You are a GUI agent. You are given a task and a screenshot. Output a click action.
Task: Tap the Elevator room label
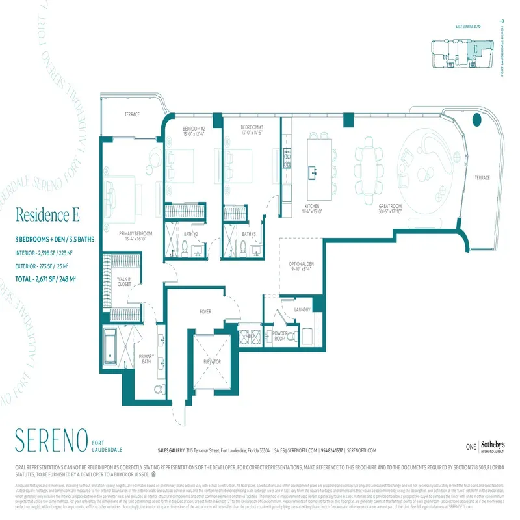pyautogui.click(x=212, y=361)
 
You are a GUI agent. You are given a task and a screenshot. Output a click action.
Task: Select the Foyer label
pyautogui.click(x=205, y=312)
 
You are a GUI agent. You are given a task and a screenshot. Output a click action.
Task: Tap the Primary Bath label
pyautogui.click(x=148, y=359)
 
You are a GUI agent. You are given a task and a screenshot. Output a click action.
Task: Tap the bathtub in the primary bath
pyautogui.click(x=110, y=349)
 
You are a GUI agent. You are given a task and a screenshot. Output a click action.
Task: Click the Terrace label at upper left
pyautogui.click(x=132, y=114)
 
